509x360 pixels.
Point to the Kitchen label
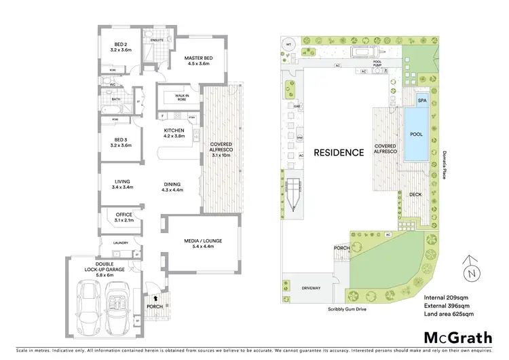pos(174,130)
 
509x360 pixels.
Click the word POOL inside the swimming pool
pos(416,134)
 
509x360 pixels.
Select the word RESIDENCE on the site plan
pos(339,152)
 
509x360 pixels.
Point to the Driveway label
pos(311,288)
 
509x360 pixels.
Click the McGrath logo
pos(458,338)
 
